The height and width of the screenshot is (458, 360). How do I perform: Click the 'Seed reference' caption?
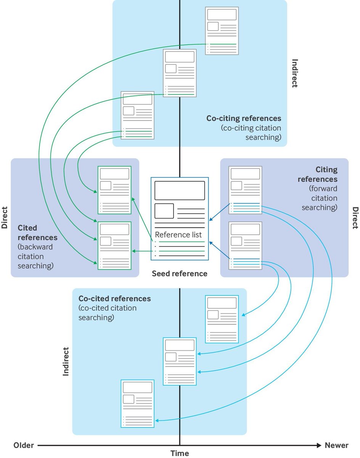click(x=180, y=274)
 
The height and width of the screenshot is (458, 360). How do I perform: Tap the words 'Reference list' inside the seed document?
click(x=178, y=234)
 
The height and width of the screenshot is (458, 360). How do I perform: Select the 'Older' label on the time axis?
click(x=24, y=445)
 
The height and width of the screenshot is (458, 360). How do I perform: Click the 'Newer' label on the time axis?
click(x=337, y=445)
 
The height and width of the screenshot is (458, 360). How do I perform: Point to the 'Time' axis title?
click(x=180, y=453)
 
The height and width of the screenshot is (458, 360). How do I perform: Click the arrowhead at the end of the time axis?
click(x=319, y=445)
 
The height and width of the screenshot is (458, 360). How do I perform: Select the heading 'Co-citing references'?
click(x=244, y=118)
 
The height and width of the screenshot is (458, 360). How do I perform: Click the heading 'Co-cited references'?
click(x=115, y=298)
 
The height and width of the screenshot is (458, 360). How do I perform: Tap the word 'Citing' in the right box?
click(x=326, y=169)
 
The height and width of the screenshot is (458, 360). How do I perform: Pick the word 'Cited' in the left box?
click(x=27, y=228)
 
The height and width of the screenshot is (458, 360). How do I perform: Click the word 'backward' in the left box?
click(x=35, y=247)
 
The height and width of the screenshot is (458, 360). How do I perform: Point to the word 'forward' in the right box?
click(x=323, y=189)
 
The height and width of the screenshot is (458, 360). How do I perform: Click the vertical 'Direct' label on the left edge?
click(x=5, y=218)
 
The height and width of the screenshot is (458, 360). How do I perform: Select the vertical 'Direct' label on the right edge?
click(x=355, y=218)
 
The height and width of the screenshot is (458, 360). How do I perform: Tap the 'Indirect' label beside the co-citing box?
click(x=295, y=73)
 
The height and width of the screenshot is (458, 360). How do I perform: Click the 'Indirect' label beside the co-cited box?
click(x=66, y=361)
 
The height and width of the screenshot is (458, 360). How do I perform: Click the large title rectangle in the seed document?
click(x=180, y=190)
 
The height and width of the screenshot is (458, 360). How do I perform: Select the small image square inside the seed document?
click(x=164, y=211)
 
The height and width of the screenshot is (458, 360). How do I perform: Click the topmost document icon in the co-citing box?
click(x=222, y=31)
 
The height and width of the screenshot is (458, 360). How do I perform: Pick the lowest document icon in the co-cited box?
click(x=137, y=403)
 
